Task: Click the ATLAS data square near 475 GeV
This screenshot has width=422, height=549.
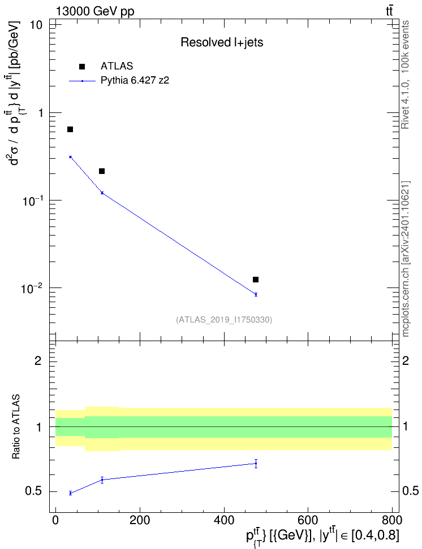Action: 256,280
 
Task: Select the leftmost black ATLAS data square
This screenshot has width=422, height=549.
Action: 70,129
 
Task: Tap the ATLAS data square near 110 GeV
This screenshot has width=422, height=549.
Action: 102,171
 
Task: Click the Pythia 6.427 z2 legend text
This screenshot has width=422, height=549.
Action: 135,81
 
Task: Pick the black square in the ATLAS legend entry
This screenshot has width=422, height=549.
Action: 81,67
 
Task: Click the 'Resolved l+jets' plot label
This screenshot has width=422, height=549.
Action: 222,42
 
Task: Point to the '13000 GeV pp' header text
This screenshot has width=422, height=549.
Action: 95,11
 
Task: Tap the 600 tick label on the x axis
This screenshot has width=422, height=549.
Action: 308,520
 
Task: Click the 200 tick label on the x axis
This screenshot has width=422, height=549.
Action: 140,520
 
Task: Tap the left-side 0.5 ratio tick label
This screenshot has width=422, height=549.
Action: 34,491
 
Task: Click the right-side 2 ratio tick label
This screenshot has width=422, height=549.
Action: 406,360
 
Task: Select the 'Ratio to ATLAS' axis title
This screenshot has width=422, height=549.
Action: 16,427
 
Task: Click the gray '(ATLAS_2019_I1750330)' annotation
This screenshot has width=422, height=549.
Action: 224,319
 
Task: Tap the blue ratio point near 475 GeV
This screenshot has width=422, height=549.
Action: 256,463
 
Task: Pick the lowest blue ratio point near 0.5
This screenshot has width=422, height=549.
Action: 70,493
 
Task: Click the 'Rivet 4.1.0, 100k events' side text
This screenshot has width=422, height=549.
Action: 405,75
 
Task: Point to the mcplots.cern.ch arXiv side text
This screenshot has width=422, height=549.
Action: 406,259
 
